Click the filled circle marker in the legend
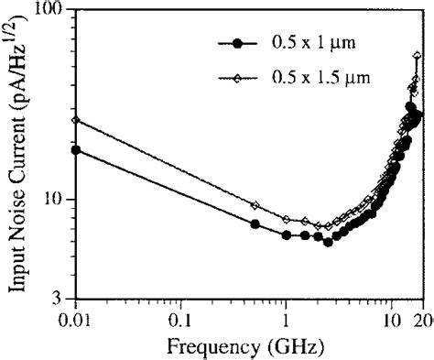click(239, 43)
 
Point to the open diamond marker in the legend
click(239, 78)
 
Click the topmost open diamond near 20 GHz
click(418, 56)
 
